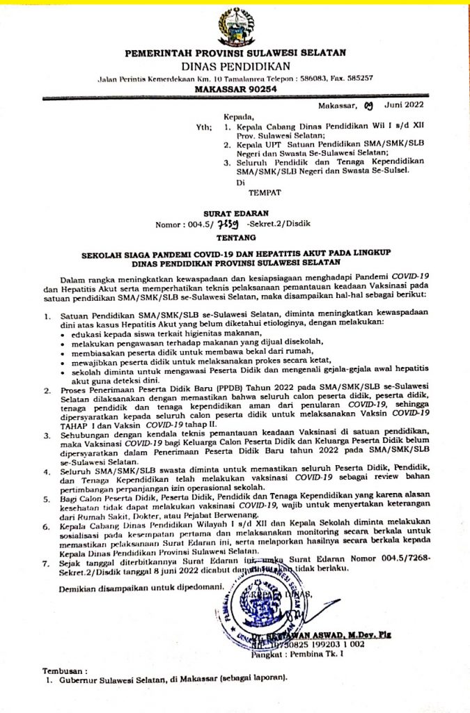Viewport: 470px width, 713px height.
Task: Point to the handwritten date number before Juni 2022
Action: (x=368, y=106)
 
